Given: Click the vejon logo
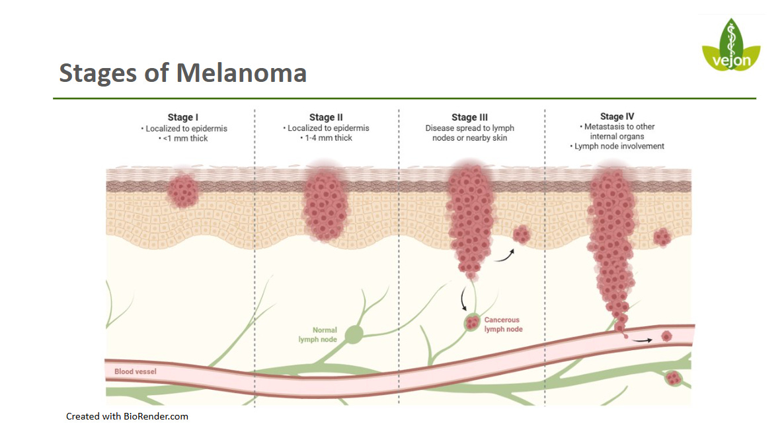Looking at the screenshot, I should click(x=730, y=46).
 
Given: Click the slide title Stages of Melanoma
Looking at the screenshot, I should click(x=182, y=73).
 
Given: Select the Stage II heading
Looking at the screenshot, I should click(x=326, y=118).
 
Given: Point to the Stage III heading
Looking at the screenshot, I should click(x=469, y=118).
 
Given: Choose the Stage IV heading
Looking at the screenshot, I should click(x=617, y=117).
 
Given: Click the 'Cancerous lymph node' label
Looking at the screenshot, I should click(x=503, y=324).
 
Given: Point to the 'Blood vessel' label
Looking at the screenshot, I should click(x=136, y=371).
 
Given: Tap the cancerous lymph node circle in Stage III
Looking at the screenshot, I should click(x=472, y=323).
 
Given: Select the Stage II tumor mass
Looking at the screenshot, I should click(x=325, y=205).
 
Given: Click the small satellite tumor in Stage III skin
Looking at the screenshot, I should click(x=522, y=234).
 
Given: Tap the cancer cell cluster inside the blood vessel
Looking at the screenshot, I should click(x=666, y=336).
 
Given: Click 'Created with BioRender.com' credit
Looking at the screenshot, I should click(x=127, y=416).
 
